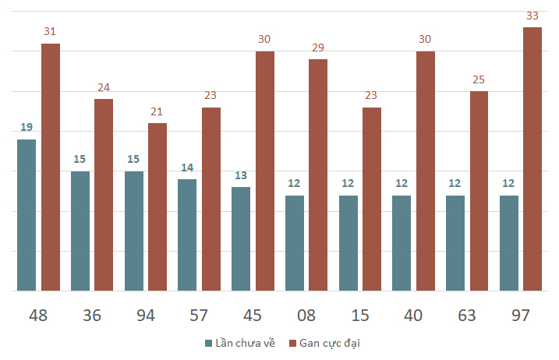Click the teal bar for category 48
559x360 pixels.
[27, 215]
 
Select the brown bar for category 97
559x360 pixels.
[532, 159]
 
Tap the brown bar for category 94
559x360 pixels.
[157, 206]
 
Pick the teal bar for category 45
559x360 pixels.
[241, 238]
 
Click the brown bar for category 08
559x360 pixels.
[318, 175]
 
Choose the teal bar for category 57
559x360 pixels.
[187, 235]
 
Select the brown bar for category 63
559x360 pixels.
[479, 191]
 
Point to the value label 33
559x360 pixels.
[532, 16]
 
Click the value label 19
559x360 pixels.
[27, 127]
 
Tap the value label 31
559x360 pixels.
[51, 31]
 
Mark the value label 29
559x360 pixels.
[318, 48]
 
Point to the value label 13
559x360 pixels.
[241, 175]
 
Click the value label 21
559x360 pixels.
[157, 111]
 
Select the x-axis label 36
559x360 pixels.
[92, 315]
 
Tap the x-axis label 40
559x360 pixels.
[413, 315]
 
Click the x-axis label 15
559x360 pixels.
[359, 315]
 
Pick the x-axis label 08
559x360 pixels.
[306, 315]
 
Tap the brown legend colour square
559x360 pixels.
[293, 343]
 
